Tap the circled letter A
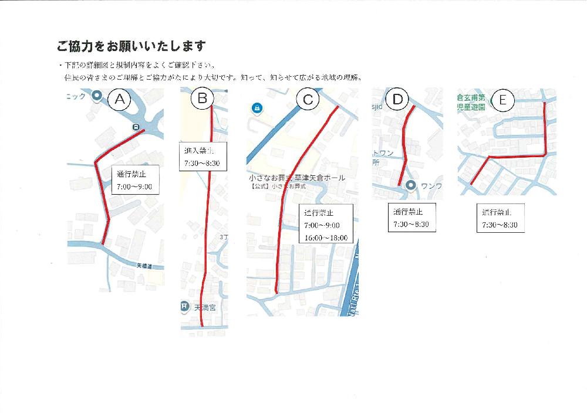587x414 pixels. point(120,99)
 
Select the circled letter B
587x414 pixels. point(202,99)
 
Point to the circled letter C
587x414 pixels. point(308,100)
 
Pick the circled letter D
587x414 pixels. point(398,99)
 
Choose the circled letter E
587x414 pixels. point(502,100)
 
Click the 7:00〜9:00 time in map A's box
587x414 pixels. point(134,187)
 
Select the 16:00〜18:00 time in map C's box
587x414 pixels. point(326,238)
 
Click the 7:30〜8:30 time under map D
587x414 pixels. point(411,225)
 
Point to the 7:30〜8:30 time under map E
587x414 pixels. point(500,225)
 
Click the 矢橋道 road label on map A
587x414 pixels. point(144,266)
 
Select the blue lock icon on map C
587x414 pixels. point(257,108)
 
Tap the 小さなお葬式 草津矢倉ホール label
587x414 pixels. point(296,177)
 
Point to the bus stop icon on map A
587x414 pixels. point(135,127)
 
